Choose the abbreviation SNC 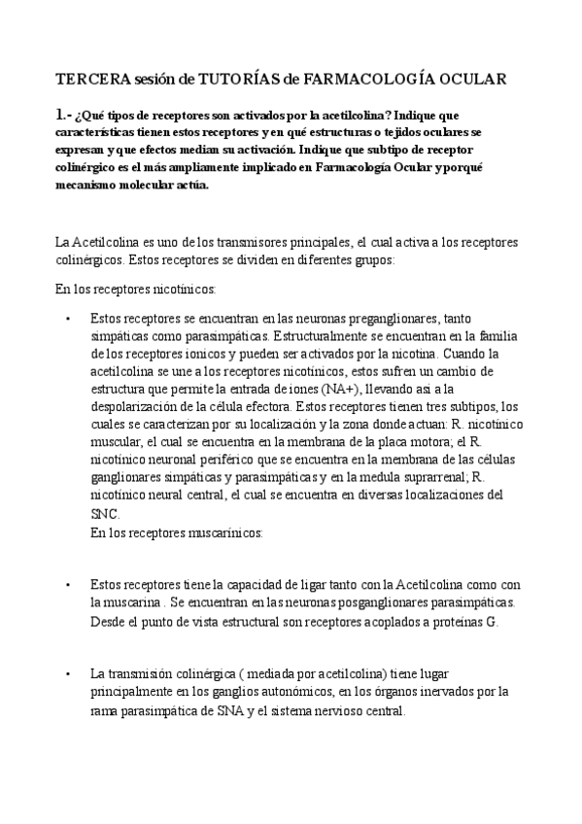[104, 513]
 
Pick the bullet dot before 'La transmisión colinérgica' [67, 674]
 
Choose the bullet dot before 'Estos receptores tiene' [67, 585]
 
